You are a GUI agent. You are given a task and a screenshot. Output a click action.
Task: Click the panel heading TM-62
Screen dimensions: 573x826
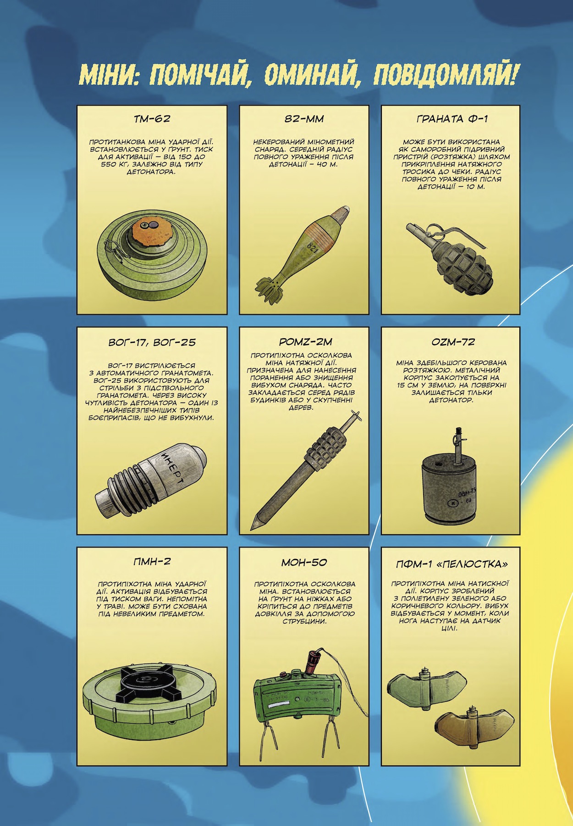click(x=152, y=119)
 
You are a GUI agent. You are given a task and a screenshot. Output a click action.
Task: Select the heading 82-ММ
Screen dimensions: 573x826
click(x=304, y=119)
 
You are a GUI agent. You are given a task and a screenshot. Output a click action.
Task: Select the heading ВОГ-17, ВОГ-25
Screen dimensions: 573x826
click(x=151, y=342)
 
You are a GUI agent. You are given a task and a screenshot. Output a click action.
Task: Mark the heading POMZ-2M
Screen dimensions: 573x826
click(x=304, y=342)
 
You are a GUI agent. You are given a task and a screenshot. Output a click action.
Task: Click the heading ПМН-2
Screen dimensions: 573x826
click(x=152, y=562)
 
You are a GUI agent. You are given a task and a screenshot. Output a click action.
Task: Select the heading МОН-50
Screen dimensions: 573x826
click(x=304, y=562)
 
